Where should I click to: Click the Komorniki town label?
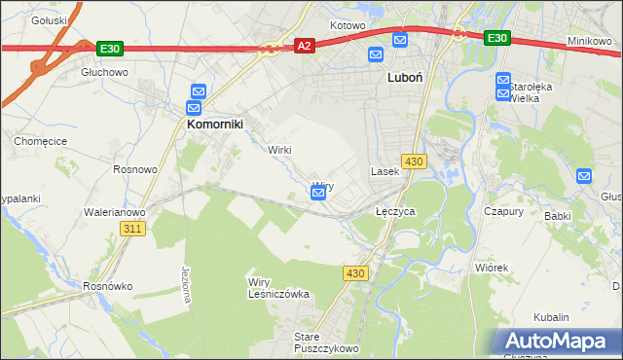[x=214, y=125]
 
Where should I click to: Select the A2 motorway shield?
[x=305, y=46]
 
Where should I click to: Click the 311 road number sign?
[x=133, y=229]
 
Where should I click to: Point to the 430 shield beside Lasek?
[x=414, y=161]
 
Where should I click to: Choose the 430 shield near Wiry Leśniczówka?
[x=354, y=273]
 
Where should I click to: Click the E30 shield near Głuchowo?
[x=109, y=47]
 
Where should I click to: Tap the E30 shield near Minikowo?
[x=496, y=38]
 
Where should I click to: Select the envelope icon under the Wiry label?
[x=318, y=194]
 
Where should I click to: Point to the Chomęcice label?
[x=38, y=141]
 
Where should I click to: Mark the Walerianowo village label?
[x=115, y=211]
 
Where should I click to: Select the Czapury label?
[x=504, y=211]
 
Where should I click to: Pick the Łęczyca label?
[x=396, y=210]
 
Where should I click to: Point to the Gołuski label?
[x=49, y=19]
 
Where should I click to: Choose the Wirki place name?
[x=280, y=150]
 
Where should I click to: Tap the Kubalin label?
[x=551, y=317]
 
